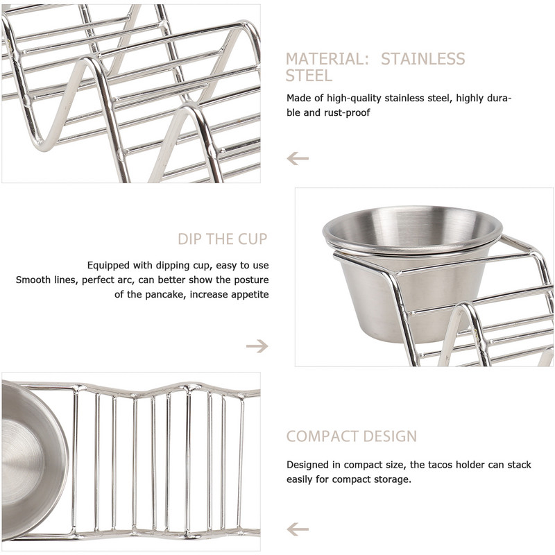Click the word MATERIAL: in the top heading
click(x=327, y=59)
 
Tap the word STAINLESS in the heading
click(x=423, y=59)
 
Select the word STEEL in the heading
click(x=309, y=76)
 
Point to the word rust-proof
click(x=347, y=112)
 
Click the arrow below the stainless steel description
click(x=298, y=158)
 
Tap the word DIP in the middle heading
click(x=189, y=239)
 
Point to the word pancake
click(x=164, y=294)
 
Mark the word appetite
click(x=250, y=294)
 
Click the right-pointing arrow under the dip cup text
click(x=257, y=345)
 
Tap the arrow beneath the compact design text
click(x=298, y=529)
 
